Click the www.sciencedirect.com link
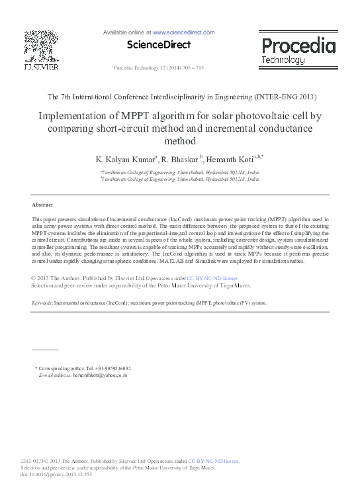click(184, 32)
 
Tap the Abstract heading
click(42, 205)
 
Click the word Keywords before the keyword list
click(42, 302)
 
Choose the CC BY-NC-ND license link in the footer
click(213, 460)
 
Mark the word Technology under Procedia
click(283, 60)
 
